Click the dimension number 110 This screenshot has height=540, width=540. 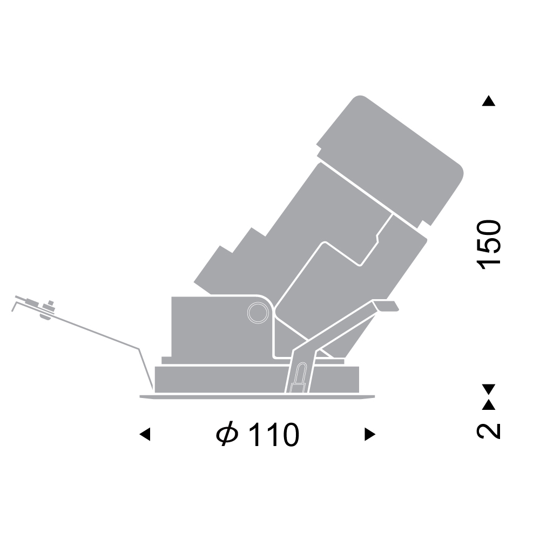pyautogui.click(x=274, y=435)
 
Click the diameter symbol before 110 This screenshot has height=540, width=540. pyautogui.click(x=227, y=434)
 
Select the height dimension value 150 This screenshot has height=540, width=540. pyautogui.click(x=488, y=245)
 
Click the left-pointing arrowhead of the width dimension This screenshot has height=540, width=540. pyautogui.click(x=145, y=434)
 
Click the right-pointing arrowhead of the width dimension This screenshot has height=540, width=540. pyautogui.click(x=370, y=434)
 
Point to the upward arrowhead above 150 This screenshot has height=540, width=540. pyautogui.click(x=488, y=101)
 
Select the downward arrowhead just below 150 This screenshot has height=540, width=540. pyautogui.click(x=488, y=389)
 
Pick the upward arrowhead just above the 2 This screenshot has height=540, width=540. pyautogui.click(x=488, y=404)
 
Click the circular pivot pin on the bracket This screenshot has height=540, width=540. pyautogui.click(x=258, y=313)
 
